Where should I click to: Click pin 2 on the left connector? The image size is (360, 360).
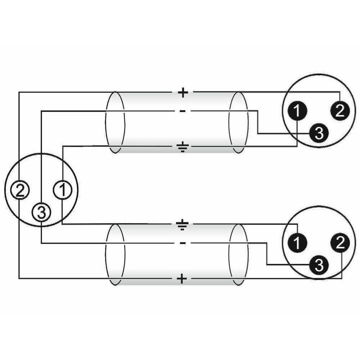[x=20, y=190]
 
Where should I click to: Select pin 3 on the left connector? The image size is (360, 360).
[x=41, y=212]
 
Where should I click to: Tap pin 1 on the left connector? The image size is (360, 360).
[x=63, y=190]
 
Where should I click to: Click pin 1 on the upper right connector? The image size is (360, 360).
[x=297, y=111]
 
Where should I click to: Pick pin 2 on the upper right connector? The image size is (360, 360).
[x=340, y=111]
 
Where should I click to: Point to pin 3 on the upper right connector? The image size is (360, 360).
[x=319, y=133]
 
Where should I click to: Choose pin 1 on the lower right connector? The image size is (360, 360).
[x=297, y=243]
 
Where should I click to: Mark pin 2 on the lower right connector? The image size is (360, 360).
[x=340, y=243]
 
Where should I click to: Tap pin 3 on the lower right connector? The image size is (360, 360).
[x=319, y=265]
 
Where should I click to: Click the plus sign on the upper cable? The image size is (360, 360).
[x=183, y=93]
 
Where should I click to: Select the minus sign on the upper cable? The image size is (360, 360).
[x=183, y=111]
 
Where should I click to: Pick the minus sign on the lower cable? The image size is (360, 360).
[x=183, y=243]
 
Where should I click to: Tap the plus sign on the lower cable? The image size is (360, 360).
[x=182, y=279]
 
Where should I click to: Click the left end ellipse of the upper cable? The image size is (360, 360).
[x=115, y=122]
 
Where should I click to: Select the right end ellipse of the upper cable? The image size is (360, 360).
[x=239, y=122]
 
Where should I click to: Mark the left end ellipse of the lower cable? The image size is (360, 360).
[x=115, y=255]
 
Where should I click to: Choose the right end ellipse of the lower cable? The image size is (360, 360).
[x=239, y=255]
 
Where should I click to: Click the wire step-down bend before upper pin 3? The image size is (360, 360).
[x=258, y=122]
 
